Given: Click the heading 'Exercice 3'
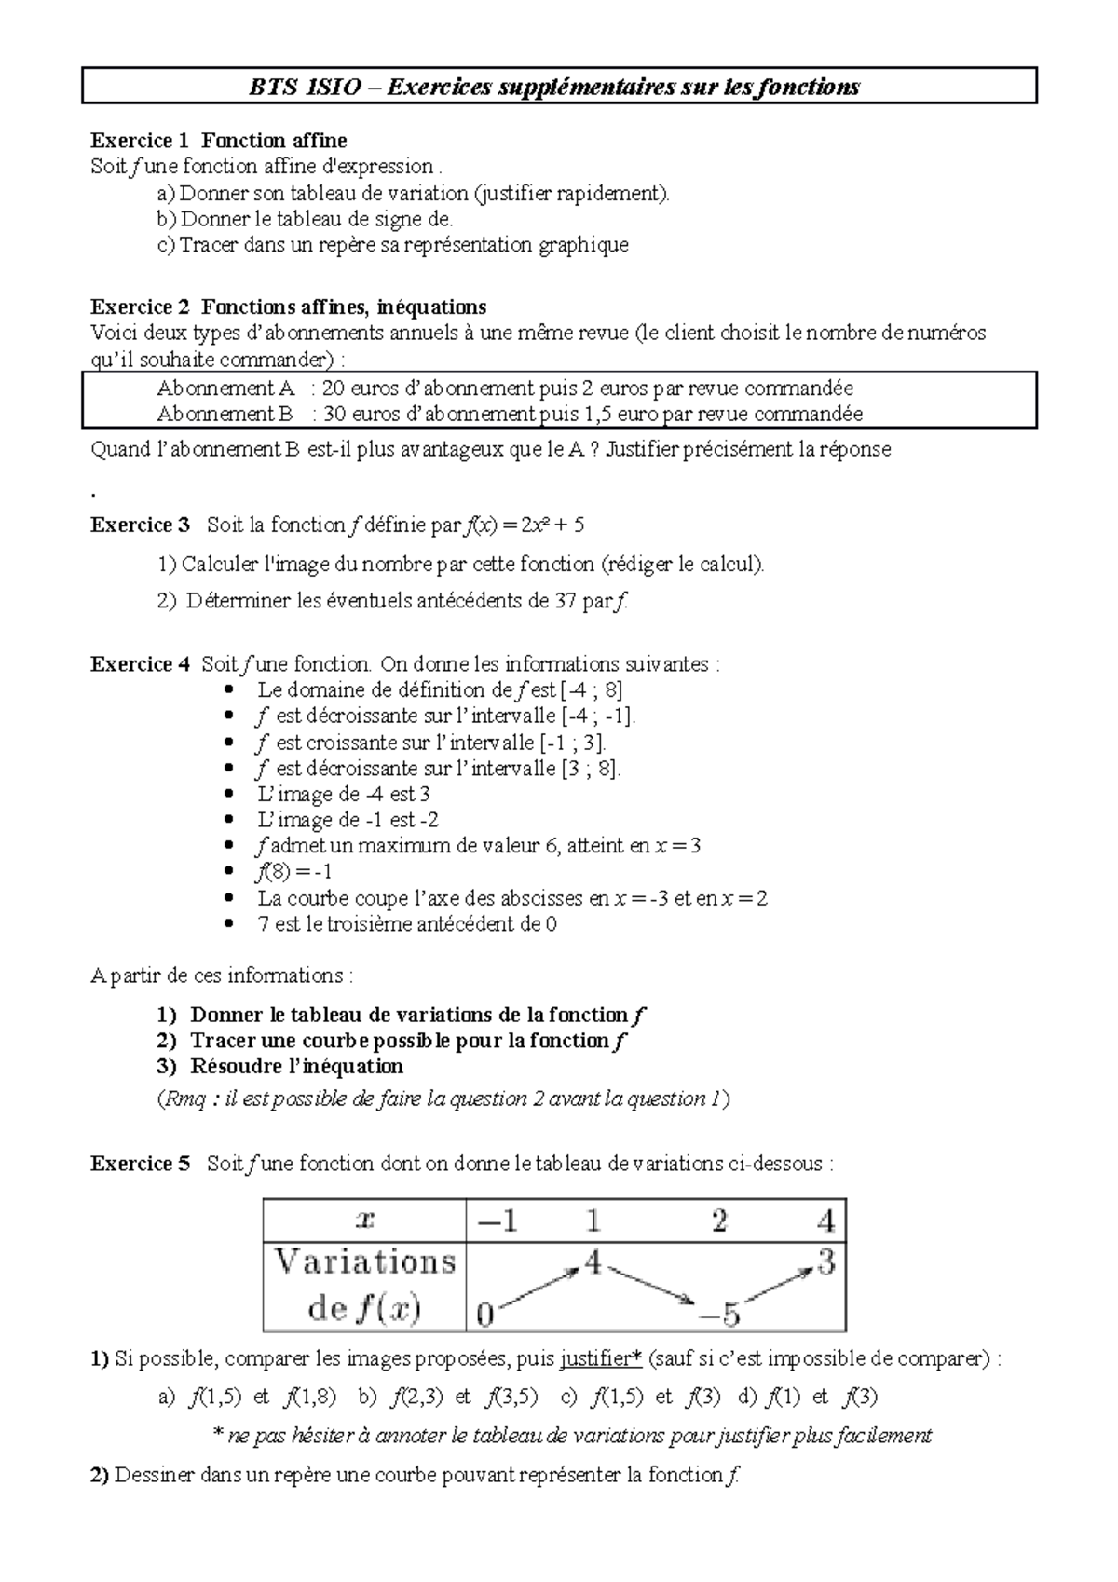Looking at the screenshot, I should pyautogui.click(x=139, y=525).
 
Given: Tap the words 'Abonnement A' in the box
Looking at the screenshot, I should pyautogui.click(x=225, y=389).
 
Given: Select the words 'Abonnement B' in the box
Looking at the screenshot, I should pyautogui.click(x=225, y=414).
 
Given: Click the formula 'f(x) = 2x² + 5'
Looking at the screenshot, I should pyautogui.click(x=524, y=525).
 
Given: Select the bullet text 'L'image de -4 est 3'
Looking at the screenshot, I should pyautogui.click(x=343, y=795).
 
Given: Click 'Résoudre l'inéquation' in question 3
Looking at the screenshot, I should pyautogui.click(x=296, y=1067).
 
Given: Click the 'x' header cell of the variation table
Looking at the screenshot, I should pyautogui.click(x=365, y=1221).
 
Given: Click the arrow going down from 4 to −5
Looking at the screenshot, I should pyautogui.click(x=654, y=1286).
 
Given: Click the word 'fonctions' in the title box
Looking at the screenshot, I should pyautogui.click(x=805, y=88).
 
